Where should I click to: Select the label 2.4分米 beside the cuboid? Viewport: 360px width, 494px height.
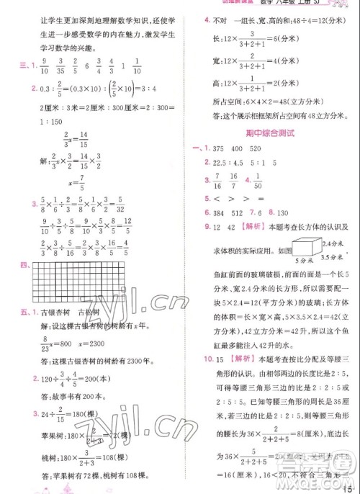339,230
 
